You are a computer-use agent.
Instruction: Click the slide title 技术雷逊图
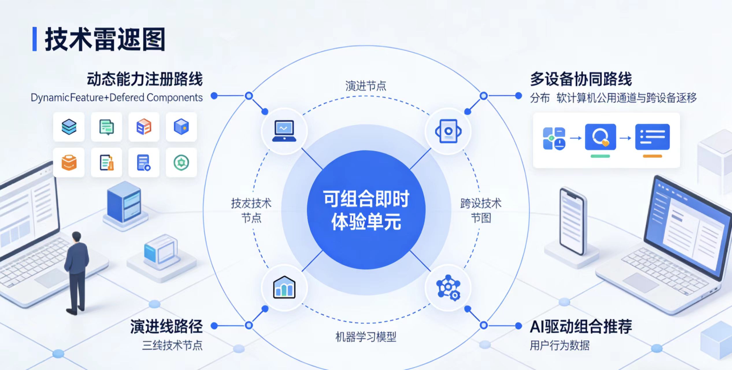(105, 39)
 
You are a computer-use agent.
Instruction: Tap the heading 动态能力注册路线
(145, 79)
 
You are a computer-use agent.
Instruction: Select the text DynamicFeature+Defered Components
(116, 97)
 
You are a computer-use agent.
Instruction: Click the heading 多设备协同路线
(581, 79)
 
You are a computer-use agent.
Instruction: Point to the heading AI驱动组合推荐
(581, 327)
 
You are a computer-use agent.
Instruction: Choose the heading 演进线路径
(166, 327)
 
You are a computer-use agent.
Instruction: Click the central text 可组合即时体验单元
(366, 210)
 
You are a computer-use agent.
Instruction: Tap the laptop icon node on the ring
(284, 131)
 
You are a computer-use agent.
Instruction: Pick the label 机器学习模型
(366, 337)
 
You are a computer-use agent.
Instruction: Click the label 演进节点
(366, 86)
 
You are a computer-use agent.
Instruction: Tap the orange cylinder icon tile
(69, 163)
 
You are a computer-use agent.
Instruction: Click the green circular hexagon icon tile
(181, 163)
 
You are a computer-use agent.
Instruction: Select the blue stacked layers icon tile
(69, 127)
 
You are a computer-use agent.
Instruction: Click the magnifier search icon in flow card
(600, 137)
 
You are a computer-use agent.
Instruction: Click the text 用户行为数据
(559, 345)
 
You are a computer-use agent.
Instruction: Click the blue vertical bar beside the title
(35, 39)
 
